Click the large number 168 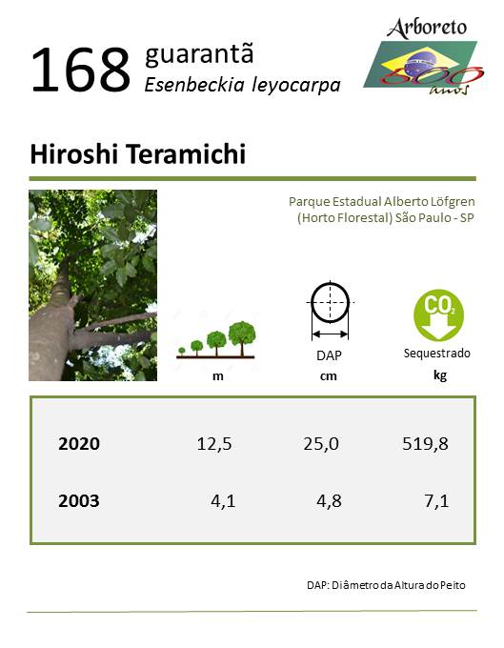click(81, 70)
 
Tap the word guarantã click(199, 54)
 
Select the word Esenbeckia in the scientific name click(194, 84)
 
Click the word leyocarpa click(296, 86)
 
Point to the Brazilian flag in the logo click(420, 64)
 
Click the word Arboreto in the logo click(427, 29)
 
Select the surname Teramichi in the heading click(186, 154)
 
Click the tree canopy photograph click(93, 285)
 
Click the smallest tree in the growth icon click(181, 352)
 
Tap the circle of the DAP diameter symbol click(330, 302)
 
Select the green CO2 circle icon click(438, 314)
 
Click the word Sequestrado click(437, 354)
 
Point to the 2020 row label click(79, 444)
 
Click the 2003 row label click(79, 501)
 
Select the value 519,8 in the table click(425, 444)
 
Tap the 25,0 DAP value click(321, 444)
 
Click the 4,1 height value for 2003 click(223, 501)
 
